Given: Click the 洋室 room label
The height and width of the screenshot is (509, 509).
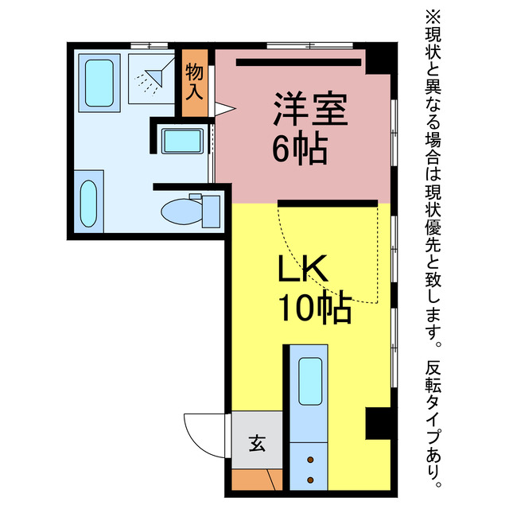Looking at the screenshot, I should point(311,110).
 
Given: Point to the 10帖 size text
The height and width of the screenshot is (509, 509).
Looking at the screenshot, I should point(314,308).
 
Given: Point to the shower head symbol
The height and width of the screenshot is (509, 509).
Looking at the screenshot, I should point(150,78).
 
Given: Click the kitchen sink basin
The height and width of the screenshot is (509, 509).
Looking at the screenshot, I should point(309,381).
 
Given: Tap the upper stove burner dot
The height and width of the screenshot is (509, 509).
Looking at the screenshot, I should point(309,460).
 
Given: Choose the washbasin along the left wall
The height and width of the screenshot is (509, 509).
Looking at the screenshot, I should point(88,202).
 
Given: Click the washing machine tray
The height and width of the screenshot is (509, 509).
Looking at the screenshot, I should point(182,142).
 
